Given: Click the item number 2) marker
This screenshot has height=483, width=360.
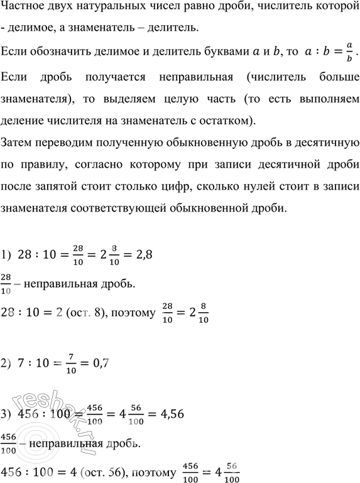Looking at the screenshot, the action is click(9, 362).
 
